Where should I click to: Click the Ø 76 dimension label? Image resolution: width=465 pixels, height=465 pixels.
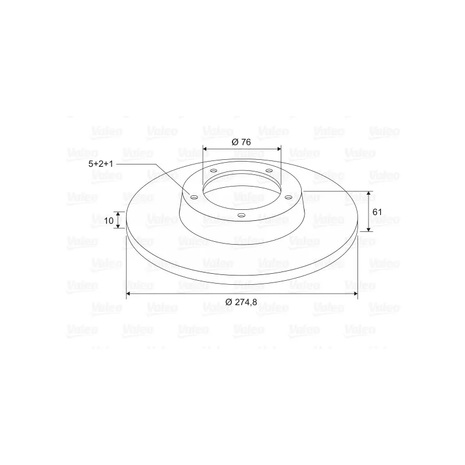tap(241, 142)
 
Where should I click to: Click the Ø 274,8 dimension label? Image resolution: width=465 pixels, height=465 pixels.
tap(241, 302)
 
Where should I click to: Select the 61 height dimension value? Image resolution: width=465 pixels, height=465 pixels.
tap(377, 212)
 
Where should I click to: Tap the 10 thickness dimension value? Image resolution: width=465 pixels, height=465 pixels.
tap(109, 221)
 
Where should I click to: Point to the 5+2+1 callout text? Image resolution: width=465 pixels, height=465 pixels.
tap(101, 164)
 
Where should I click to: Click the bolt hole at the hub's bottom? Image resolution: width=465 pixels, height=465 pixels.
tap(242, 215)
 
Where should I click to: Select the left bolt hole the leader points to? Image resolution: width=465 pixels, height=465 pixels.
tap(194, 197)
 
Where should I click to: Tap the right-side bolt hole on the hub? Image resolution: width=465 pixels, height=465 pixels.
tap(288, 197)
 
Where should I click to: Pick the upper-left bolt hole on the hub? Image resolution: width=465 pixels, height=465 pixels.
tap(213, 171)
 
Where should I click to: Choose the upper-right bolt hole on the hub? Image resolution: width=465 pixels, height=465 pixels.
tap(269, 170)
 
